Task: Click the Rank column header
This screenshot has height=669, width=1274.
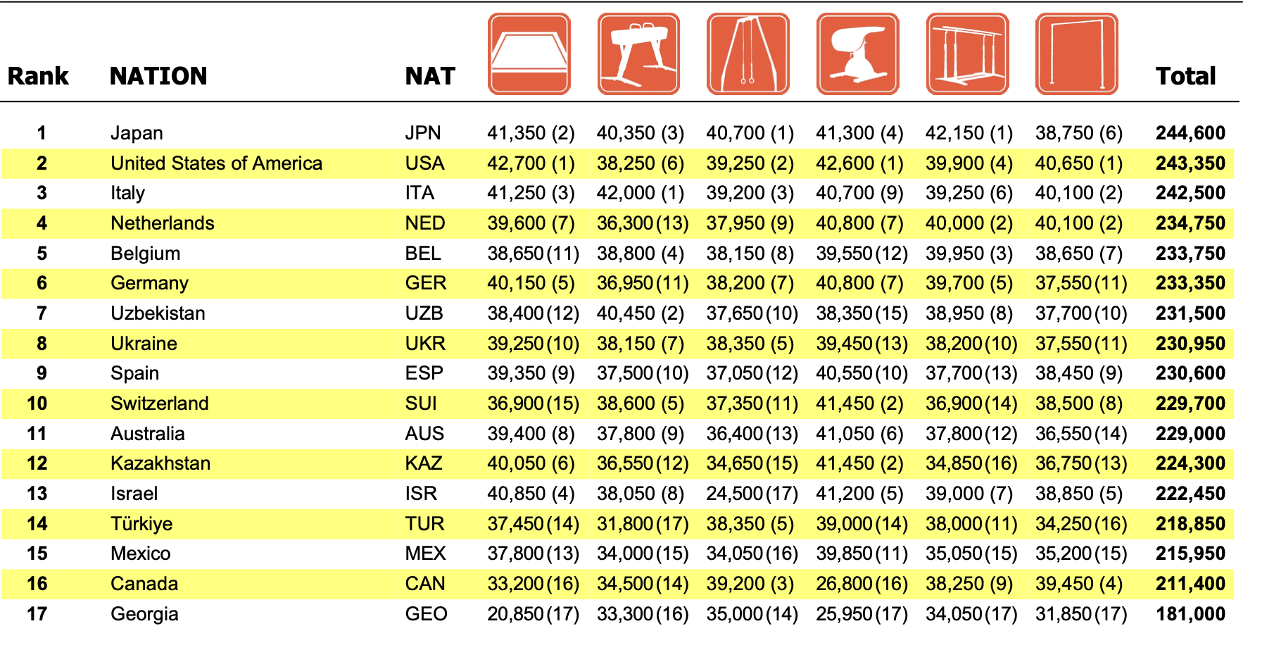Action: click(38, 76)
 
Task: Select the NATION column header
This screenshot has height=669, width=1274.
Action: click(158, 76)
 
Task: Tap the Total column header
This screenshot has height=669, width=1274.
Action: click(1186, 76)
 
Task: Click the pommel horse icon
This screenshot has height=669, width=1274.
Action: click(638, 54)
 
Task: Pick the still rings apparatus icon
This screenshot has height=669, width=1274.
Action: click(748, 54)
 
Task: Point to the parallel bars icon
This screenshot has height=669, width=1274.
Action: click(968, 54)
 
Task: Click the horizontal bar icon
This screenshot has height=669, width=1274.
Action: click(1077, 54)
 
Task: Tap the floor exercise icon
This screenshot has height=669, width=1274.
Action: click(529, 54)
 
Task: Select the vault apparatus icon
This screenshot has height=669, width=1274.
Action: click(858, 54)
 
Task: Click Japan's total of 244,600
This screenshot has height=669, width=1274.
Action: click(1190, 133)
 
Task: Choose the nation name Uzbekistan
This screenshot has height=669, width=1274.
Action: click(158, 313)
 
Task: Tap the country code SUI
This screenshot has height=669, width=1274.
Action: click(421, 404)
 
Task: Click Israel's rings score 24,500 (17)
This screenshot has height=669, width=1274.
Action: click(752, 494)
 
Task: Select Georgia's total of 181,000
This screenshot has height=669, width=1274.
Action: click(1190, 614)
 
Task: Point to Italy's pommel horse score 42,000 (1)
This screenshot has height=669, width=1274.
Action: click(641, 193)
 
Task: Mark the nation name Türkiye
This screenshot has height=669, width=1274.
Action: click(141, 524)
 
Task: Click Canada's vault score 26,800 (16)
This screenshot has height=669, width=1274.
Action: click(862, 584)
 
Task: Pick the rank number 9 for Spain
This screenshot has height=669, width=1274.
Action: click(42, 373)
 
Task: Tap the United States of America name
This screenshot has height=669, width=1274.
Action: click(216, 163)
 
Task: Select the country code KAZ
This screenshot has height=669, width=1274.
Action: click(424, 463)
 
